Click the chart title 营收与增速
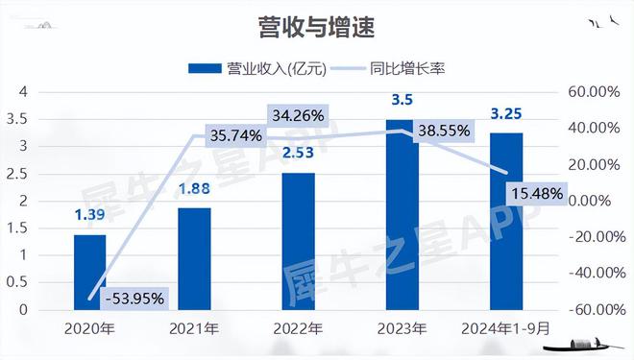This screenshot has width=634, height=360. [x=316, y=26]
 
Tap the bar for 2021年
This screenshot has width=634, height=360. [x=195, y=259]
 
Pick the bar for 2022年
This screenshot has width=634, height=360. [x=299, y=242]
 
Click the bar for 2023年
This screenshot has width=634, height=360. [x=403, y=216]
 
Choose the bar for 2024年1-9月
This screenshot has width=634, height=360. [x=507, y=222]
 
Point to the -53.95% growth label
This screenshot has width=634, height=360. [x=134, y=298]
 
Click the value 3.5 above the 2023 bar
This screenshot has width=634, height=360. [x=402, y=100]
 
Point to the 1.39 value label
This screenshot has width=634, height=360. [x=89, y=215]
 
